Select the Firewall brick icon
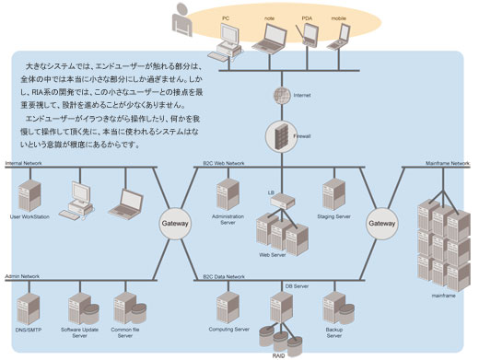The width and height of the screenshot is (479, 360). (276, 137)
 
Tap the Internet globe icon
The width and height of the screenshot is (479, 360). (276, 95)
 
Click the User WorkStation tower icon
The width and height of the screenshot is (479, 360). (28, 195)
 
